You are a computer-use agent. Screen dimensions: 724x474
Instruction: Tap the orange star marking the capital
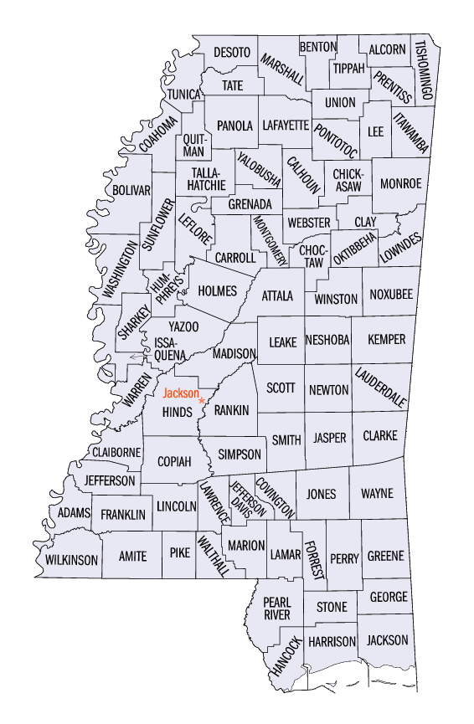202,401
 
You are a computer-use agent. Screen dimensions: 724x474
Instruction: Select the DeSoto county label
231,52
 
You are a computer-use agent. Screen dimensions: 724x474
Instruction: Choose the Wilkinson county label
72,559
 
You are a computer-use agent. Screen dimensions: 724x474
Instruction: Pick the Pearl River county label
276,608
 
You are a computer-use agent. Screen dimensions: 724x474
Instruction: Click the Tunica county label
183,95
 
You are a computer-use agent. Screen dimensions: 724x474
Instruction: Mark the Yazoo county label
183,326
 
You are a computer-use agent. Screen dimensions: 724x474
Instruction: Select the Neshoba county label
327,340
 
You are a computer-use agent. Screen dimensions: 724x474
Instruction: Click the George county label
389,597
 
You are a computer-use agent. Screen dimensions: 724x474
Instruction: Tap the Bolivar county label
132,190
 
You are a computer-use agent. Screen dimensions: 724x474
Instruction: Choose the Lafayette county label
286,126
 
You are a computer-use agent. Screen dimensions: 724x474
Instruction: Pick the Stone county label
332,607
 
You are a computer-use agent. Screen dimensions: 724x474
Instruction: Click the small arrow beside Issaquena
137,357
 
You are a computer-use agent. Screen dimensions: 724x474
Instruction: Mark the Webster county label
308,223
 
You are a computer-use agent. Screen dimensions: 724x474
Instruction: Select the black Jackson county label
388,640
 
